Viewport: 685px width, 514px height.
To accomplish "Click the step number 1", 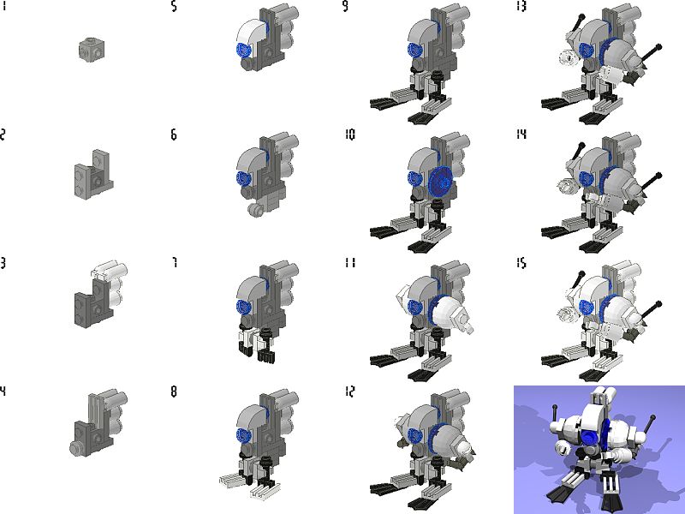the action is pos(4,6).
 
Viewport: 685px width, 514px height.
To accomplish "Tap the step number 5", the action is pos(174,6).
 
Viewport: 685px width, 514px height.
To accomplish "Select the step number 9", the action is pos(345,6).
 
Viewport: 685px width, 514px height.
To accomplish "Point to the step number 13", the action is pos(521,6).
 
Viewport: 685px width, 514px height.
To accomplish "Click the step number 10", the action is pos(350,134).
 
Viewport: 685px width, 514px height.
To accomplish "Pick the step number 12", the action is pos(350,391).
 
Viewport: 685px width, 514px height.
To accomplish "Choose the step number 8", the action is pos(174,391).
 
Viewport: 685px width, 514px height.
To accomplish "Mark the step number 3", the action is pos(3,263).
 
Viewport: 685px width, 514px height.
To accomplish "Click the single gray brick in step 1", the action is pos(92,48).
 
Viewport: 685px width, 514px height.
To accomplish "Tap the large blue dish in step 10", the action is pos(441,182).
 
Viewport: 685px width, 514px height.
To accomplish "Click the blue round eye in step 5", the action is pos(242,50).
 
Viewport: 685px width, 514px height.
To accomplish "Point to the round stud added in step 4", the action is pos(76,448).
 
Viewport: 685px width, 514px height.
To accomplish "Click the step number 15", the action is pos(521,263).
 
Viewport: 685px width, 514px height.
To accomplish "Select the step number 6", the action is pos(174,134).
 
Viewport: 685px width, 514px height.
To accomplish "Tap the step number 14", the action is pos(521,134).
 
